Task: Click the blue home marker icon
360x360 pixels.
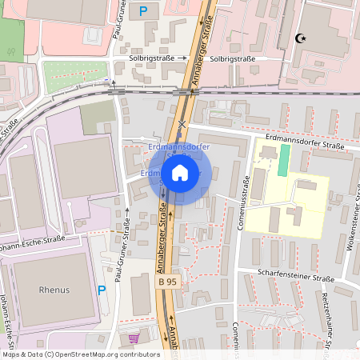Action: (180, 173)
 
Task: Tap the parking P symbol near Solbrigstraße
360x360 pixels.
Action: (143, 11)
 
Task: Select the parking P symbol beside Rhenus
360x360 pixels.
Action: (101, 290)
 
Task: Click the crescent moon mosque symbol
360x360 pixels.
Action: (301, 38)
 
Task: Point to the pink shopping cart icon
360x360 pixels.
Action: (133, 338)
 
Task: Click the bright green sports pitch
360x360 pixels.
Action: (283, 161)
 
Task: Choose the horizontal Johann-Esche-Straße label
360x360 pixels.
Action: (40, 238)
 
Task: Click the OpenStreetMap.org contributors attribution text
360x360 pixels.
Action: (104, 354)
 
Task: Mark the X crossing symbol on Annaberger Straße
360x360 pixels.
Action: (183, 123)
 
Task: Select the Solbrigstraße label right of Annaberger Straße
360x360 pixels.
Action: (233, 58)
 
